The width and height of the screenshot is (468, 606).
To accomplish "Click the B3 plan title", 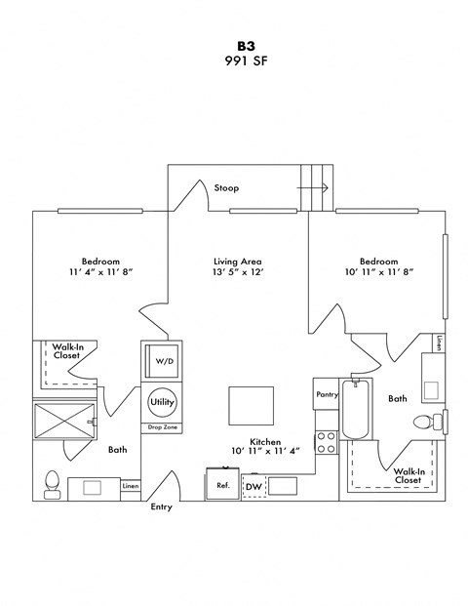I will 234,45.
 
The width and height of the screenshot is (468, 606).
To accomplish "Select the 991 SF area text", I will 234,61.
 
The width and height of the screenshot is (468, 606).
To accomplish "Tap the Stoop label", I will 226,187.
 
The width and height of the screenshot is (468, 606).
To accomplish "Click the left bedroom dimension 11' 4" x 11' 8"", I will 100,271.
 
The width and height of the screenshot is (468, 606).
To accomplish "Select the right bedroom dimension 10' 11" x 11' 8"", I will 378,271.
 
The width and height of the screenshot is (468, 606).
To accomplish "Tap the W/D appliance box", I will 163,361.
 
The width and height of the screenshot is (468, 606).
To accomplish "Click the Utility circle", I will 162,401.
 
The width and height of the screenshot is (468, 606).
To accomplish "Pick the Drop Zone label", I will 162,427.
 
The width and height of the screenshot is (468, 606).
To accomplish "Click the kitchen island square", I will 252,404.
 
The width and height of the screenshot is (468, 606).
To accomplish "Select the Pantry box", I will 327,395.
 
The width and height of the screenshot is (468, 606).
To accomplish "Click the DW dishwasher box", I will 253,485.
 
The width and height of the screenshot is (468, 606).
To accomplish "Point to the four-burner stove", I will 327,442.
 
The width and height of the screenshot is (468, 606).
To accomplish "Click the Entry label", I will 162,507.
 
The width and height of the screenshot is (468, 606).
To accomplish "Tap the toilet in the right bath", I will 426,423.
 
